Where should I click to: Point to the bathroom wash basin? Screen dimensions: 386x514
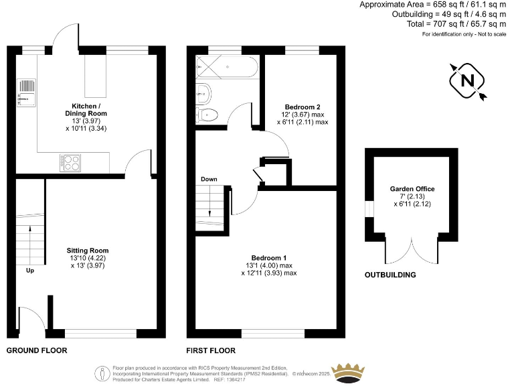(x=203, y=93)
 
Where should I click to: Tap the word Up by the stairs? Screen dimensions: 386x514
(x=30, y=271)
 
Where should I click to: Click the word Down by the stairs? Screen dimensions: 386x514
(x=209, y=180)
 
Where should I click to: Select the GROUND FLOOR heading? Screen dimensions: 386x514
(x=37, y=350)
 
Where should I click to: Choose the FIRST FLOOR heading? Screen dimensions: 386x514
(x=211, y=350)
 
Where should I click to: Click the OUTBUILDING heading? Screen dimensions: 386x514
(x=390, y=275)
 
